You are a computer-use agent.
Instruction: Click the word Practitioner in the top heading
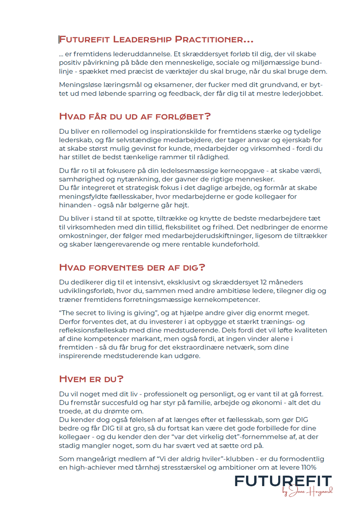[x=214, y=39]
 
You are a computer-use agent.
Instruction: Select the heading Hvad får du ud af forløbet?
[x=135, y=117]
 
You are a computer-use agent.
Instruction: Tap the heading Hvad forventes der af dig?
[x=132, y=267]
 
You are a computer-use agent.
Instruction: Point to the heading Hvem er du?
[x=91, y=379]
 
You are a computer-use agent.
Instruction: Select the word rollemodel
[x=119, y=131]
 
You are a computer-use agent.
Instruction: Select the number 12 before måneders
[x=263, y=282]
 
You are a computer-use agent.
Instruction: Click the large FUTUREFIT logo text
[x=283, y=481]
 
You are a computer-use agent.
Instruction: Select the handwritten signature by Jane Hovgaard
[x=308, y=492]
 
